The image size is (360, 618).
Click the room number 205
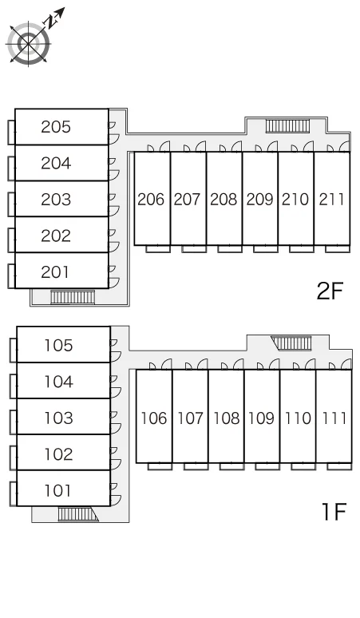(x=56, y=127)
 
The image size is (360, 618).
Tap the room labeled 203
(x=56, y=200)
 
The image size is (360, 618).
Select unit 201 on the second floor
(x=55, y=272)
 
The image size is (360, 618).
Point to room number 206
(x=150, y=200)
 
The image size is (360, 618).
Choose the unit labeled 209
(x=259, y=200)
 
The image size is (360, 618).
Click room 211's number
(x=331, y=200)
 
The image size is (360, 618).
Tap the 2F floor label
(x=330, y=291)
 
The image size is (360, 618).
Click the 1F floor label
(x=334, y=512)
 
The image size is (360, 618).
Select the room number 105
(x=58, y=346)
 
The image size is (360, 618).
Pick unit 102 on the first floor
(x=58, y=454)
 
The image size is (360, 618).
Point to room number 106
(x=153, y=418)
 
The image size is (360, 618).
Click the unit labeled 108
(x=226, y=418)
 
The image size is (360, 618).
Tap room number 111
(x=334, y=418)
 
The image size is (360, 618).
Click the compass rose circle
(x=29, y=43)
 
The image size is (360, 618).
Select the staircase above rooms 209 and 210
(x=288, y=126)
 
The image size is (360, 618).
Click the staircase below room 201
(x=73, y=298)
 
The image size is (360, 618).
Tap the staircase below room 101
(x=78, y=514)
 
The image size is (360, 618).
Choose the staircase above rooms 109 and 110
(x=291, y=343)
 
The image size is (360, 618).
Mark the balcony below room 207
(x=194, y=248)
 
